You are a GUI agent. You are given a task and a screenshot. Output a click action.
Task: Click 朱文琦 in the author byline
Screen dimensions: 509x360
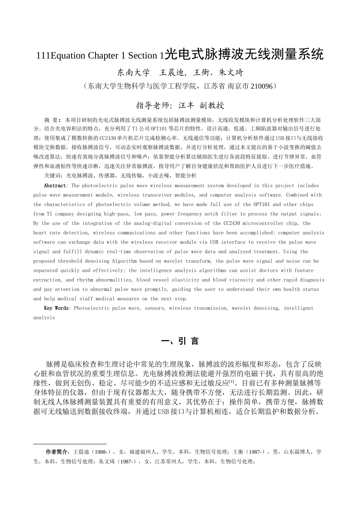(x=231, y=73)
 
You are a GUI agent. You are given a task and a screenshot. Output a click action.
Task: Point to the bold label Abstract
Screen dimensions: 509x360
(x=55, y=186)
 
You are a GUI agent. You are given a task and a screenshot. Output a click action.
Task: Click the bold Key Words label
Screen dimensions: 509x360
(x=56, y=308)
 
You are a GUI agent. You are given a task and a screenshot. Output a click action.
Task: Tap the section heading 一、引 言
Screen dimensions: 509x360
(x=180, y=341)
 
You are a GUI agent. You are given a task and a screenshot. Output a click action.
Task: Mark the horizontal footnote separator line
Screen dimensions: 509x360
(x=70, y=443)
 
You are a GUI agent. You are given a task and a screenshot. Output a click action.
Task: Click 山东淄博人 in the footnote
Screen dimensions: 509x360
(x=298, y=452)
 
